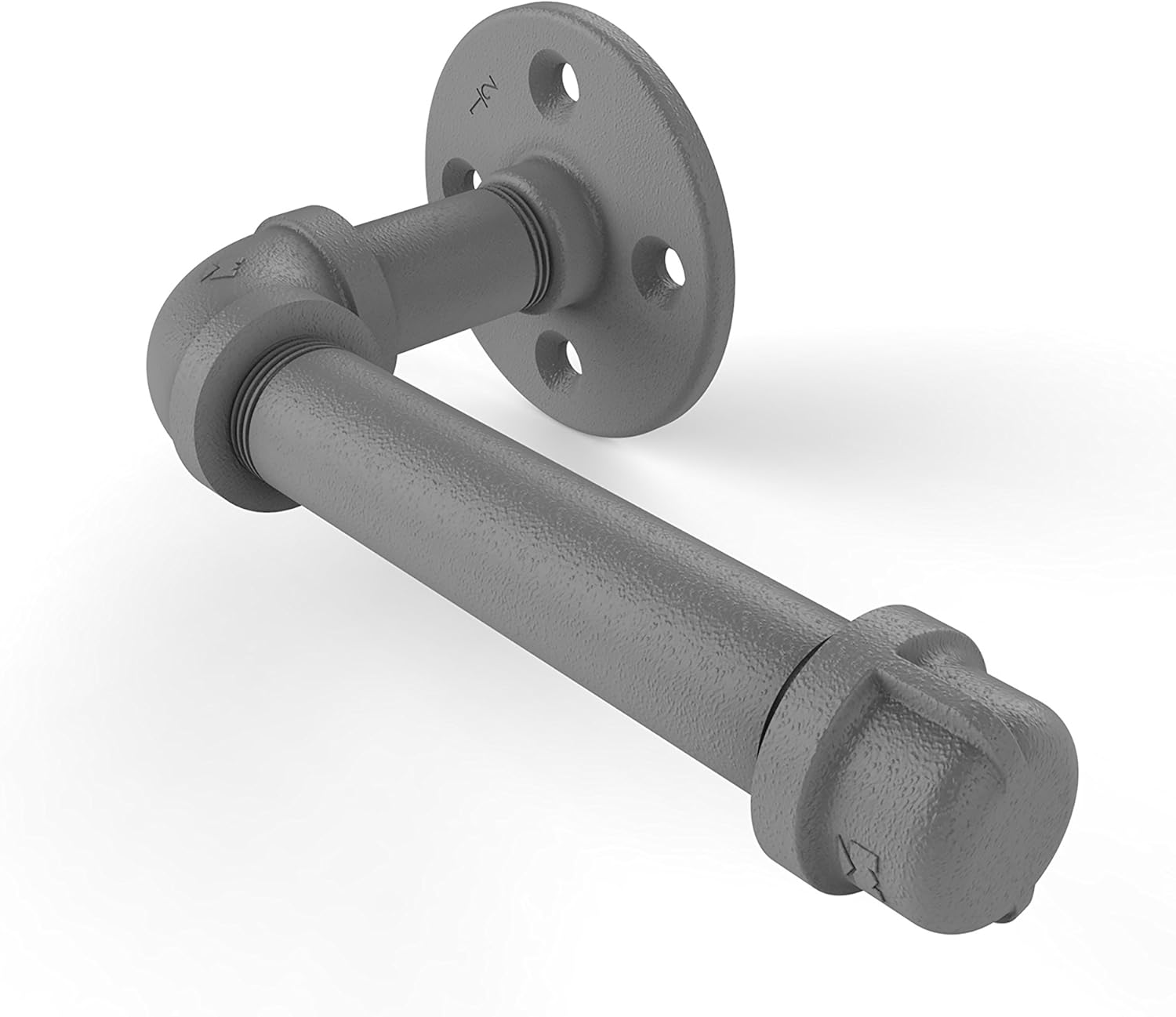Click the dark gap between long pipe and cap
[x=784, y=690]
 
